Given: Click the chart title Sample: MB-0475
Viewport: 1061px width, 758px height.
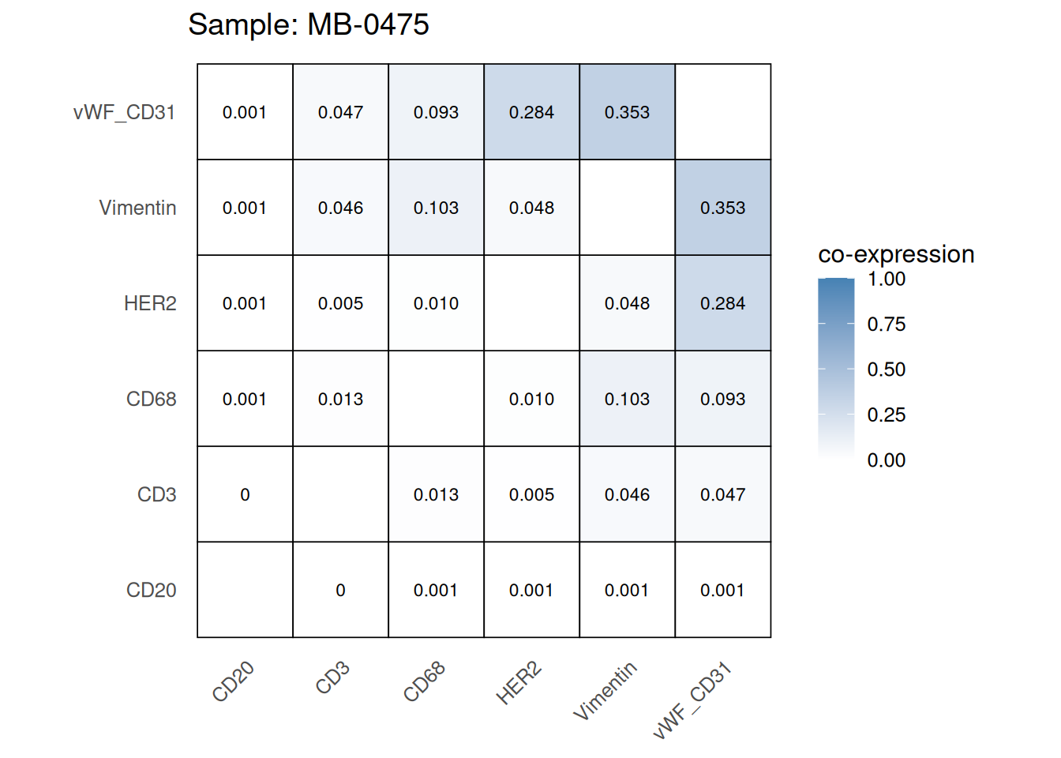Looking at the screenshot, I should [x=308, y=25].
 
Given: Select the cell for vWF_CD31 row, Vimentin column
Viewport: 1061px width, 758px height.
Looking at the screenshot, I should [x=627, y=112].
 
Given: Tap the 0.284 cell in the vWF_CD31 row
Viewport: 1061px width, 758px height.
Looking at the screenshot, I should [x=531, y=112].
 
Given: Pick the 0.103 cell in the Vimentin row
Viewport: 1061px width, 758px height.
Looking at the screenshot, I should [x=436, y=208].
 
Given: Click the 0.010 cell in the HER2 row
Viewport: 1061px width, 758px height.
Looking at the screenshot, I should [x=436, y=303].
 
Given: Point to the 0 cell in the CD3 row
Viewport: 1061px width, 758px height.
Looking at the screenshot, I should [x=245, y=494].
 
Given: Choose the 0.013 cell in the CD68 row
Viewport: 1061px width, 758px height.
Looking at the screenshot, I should [x=340, y=399].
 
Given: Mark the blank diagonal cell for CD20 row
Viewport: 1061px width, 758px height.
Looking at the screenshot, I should [x=245, y=590].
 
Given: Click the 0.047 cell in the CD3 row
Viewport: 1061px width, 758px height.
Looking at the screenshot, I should [x=722, y=494].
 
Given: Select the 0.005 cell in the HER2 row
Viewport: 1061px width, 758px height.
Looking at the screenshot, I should [x=340, y=303].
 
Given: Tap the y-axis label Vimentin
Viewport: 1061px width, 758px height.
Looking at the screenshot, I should [x=137, y=208].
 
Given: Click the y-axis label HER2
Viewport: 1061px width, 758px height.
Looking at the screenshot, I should [x=150, y=303].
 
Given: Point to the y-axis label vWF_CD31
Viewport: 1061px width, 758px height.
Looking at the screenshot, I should [x=124, y=112].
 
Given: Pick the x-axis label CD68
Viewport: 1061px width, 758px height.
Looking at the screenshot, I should [x=425, y=681].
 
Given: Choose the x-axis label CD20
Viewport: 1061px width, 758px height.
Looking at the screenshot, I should [x=234, y=681].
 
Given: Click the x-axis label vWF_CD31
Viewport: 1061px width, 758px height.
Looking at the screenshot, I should [x=693, y=700].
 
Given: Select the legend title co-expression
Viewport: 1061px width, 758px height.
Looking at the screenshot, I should [x=896, y=254].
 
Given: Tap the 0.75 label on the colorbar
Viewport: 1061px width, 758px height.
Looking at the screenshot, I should [x=886, y=324].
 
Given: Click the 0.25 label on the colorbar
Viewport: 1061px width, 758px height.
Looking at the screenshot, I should [x=886, y=415].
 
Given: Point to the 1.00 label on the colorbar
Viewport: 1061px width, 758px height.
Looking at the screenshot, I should [x=886, y=279].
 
